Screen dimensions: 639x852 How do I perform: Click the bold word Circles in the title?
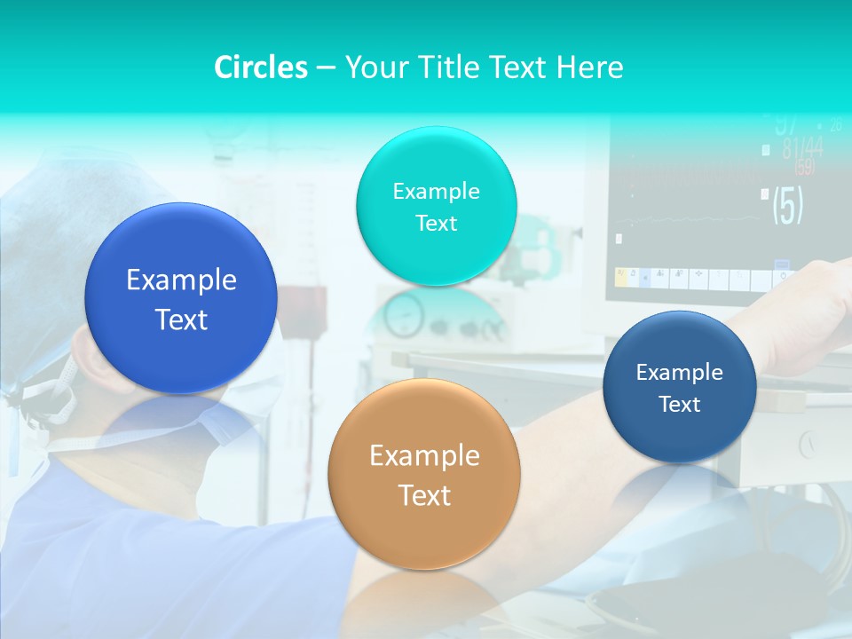click(x=260, y=67)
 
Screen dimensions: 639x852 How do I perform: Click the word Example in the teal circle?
click(x=436, y=191)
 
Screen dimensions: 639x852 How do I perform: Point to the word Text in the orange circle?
click(x=424, y=495)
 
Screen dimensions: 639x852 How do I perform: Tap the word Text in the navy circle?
click(x=680, y=405)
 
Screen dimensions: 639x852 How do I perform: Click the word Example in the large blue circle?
click(x=181, y=280)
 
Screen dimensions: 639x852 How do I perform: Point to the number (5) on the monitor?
click(x=787, y=205)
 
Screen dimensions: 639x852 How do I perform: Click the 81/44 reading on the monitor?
click(x=801, y=148)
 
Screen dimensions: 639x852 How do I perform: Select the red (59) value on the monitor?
click(x=804, y=167)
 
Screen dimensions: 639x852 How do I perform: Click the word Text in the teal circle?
click(x=436, y=223)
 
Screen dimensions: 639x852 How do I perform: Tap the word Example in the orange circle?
click(x=424, y=456)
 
